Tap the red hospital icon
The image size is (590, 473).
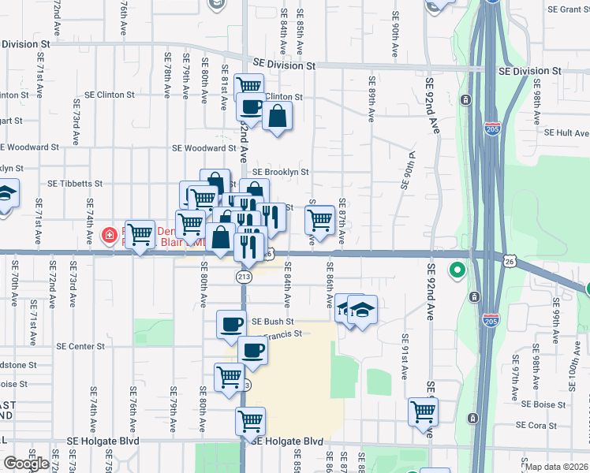pyautogui.click(x=110, y=235)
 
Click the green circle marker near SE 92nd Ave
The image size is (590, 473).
pyautogui.click(x=457, y=272)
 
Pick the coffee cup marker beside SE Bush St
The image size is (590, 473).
pyautogui.click(x=232, y=325)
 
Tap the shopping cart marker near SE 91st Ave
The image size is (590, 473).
pyautogui.click(x=424, y=411)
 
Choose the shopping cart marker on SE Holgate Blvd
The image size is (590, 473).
pyautogui.click(x=250, y=422)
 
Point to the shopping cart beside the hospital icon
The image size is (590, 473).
pyautogui.click(x=140, y=234)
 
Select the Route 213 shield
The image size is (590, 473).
pyautogui.click(x=244, y=277)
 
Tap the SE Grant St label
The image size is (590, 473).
pyautogui.click(x=569, y=9)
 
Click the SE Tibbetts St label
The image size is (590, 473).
pyautogui.click(x=75, y=183)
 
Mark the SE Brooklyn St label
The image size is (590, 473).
pyautogui.click(x=280, y=171)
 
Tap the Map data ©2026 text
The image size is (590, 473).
pyautogui.click(x=556, y=467)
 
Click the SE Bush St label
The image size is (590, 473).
pyautogui.click(x=272, y=322)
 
